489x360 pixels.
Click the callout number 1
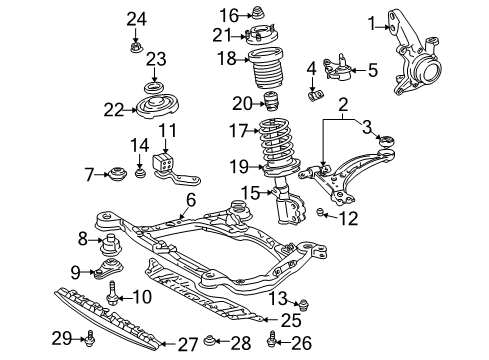[x=371, y=22]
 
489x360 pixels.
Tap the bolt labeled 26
[x=274, y=342]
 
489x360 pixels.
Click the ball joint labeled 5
[x=333, y=69]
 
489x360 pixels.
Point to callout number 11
[x=166, y=131]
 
